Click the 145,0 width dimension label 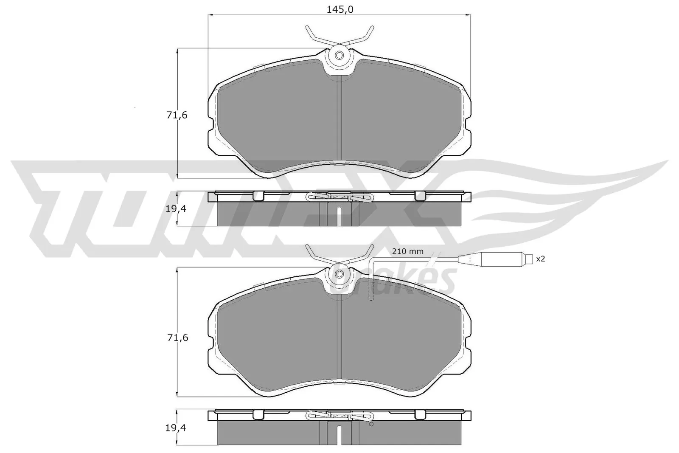pos(339,9)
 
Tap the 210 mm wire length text pos(407,252)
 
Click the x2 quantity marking pos(540,259)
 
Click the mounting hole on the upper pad pos(339,56)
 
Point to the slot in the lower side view pos(339,434)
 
